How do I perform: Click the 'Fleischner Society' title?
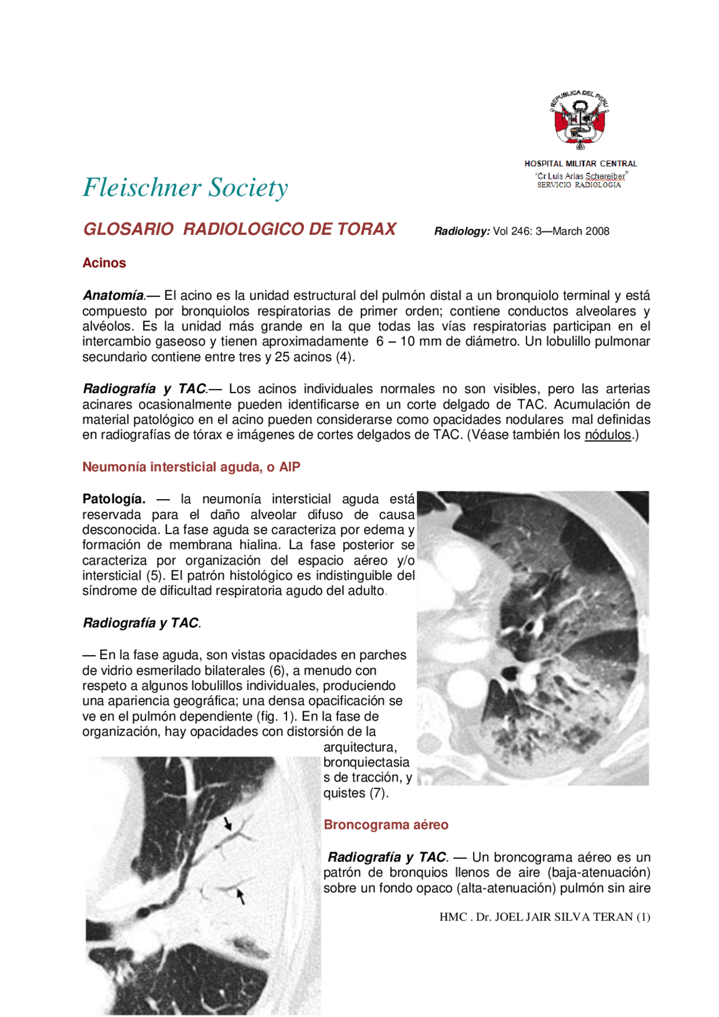click(185, 188)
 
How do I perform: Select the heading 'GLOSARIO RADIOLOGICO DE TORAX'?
click(240, 229)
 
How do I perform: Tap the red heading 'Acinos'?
click(104, 263)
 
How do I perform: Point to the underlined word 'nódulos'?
click(608, 435)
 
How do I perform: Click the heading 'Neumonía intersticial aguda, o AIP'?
click(192, 467)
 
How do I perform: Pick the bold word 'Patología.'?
click(114, 499)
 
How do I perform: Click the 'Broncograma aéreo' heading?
click(386, 824)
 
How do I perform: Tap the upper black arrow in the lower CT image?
click(227, 824)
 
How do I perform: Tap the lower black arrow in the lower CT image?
click(241, 896)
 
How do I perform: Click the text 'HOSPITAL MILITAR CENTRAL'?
click(581, 163)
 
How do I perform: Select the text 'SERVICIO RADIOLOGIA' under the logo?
click(579, 185)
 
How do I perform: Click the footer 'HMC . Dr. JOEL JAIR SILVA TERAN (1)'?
click(544, 917)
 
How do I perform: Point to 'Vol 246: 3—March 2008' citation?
click(551, 231)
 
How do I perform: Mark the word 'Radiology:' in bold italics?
click(462, 231)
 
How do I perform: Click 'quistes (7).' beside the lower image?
click(356, 793)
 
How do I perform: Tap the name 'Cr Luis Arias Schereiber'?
click(581, 176)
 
